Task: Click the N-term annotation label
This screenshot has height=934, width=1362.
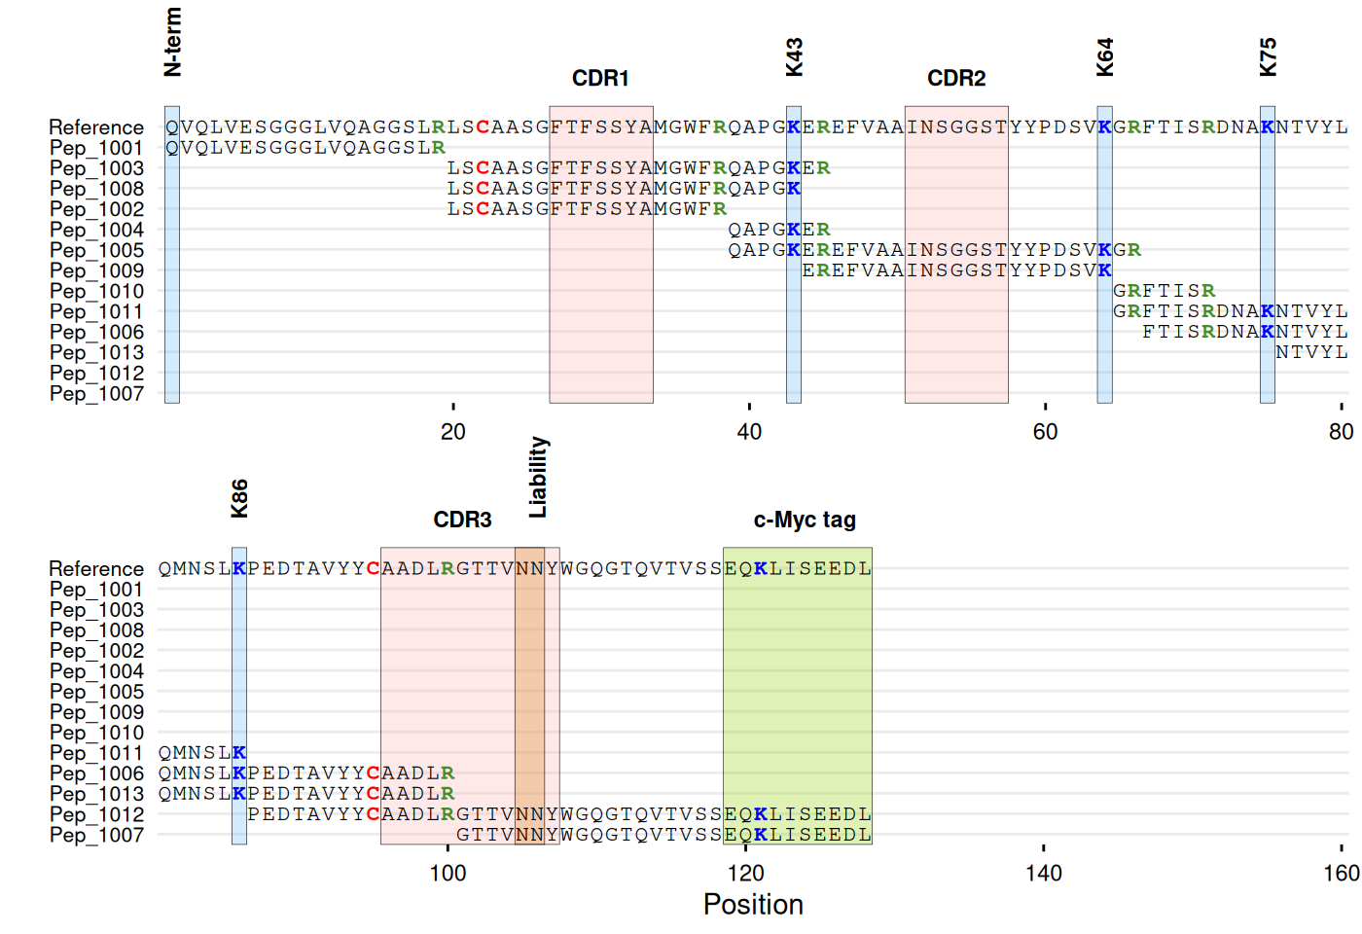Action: tap(172, 42)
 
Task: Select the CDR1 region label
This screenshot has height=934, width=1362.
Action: tap(600, 79)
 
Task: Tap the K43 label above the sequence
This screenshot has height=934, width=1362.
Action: tap(794, 57)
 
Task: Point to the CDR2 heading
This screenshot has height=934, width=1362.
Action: tap(956, 79)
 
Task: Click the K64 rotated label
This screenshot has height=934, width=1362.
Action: tap(1104, 57)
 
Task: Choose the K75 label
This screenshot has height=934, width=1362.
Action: tap(1268, 57)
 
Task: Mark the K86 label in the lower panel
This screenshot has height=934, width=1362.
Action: tap(239, 499)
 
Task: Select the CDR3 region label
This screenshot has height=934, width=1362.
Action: tap(462, 521)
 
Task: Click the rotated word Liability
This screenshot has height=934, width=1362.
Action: tap(538, 477)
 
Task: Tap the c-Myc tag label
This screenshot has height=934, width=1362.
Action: tap(805, 521)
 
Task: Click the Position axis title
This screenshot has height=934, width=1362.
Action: tap(753, 905)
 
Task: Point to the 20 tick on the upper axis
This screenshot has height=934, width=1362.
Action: tap(453, 432)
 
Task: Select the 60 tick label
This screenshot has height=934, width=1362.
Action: tap(1045, 432)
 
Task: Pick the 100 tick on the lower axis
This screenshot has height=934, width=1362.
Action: tap(448, 874)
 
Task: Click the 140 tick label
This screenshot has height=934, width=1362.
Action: tap(1044, 874)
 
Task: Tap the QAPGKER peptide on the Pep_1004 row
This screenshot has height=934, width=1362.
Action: tap(779, 230)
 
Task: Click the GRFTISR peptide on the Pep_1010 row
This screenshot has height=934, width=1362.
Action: tap(1164, 291)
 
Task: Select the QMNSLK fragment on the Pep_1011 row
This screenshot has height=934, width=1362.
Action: tap(202, 753)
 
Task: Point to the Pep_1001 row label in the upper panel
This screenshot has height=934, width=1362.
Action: tap(96, 148)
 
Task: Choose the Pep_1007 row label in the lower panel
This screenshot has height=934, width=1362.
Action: tap(96, 835)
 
